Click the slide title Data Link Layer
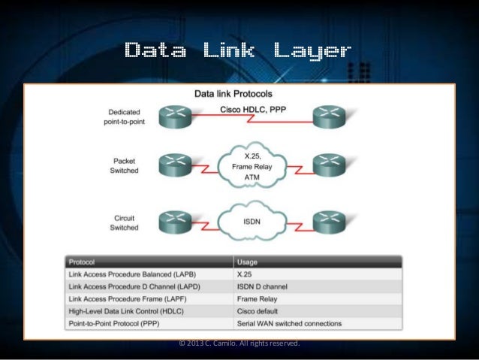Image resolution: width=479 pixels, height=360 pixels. [238, 51]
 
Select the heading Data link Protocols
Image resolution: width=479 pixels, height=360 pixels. [233, 95]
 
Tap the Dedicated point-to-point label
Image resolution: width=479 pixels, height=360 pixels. [122, 117]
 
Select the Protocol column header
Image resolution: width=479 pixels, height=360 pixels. [82, 262]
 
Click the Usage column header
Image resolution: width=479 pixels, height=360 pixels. [249, 262]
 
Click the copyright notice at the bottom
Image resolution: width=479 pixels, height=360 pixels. [239, 343]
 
